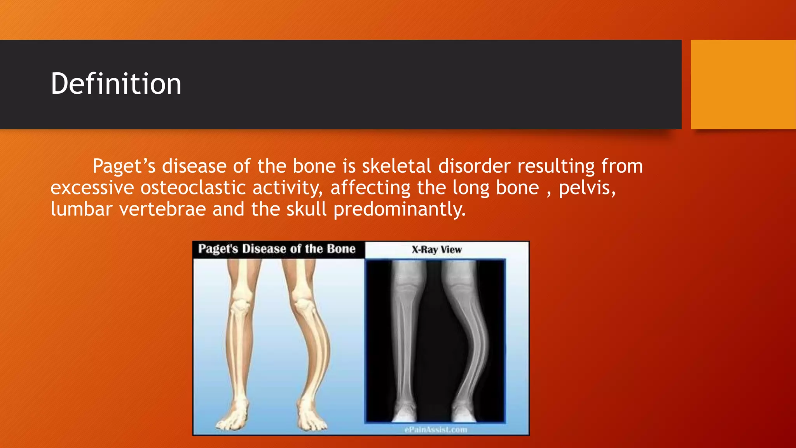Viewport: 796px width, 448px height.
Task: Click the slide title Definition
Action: [116, 84]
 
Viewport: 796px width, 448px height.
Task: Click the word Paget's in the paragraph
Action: [124, 166]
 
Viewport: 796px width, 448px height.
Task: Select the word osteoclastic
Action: [193, 188]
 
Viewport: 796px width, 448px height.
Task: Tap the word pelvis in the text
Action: [587, 188]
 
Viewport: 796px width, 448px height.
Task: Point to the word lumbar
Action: [81, 209]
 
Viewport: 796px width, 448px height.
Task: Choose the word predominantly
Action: [399, 210]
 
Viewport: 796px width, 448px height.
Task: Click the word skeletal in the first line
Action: [396, 166]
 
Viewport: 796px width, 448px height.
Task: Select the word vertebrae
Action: [162, 209]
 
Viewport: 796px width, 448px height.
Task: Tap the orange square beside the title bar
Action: [743, 84]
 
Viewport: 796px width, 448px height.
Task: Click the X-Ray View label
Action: [436, 250]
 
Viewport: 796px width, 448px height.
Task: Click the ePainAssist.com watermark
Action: [436, 430]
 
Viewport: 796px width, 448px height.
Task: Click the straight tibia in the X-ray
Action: [404, 342]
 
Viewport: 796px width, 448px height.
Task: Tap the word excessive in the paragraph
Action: [92, 188]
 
